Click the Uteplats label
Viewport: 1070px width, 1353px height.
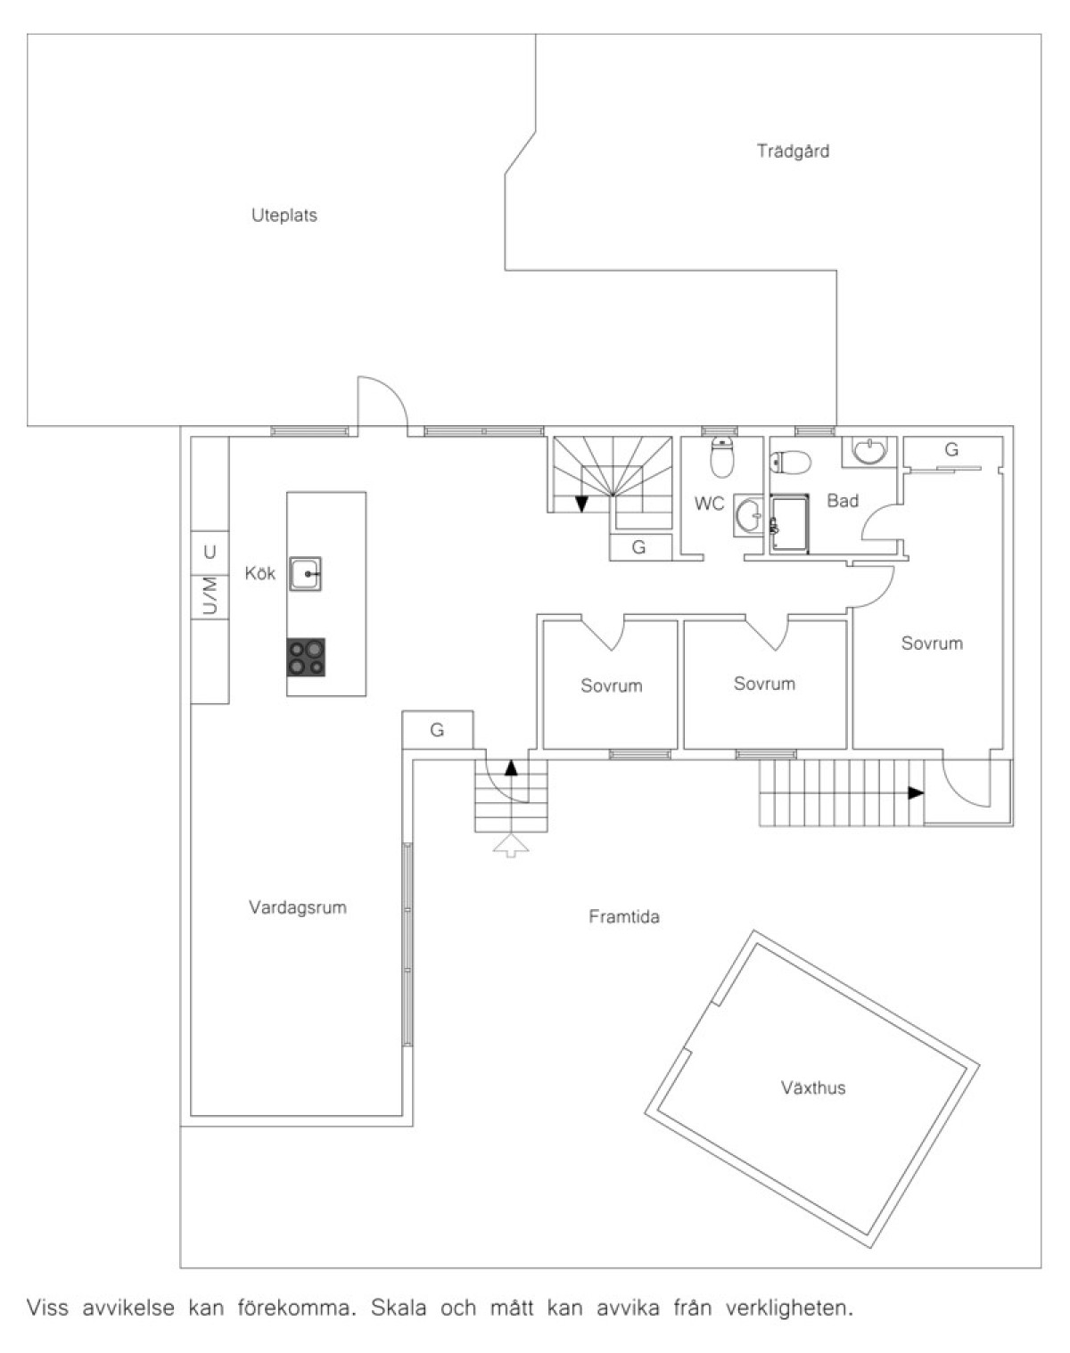pos(284,216)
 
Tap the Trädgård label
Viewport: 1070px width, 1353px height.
pos(793,151)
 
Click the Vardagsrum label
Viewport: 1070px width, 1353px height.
pos(298,907)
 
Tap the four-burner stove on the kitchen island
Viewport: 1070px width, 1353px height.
pos(307,657)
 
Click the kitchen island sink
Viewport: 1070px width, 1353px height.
pos(305,573)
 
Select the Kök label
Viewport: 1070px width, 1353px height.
pos(260,573)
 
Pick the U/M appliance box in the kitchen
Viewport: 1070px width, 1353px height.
pos(210,596)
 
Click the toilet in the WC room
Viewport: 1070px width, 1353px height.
pos(722,457)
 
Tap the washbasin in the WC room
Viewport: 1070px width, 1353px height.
pos(749,515)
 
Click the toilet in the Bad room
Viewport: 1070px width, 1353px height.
pos(790,463)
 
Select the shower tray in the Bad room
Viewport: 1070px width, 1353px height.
pos(789,524)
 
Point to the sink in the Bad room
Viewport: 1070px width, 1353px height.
pos(869,451)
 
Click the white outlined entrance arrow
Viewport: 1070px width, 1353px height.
pos(511,846)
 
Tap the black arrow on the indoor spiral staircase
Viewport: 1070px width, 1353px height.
pos(582,504)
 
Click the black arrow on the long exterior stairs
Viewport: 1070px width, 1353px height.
pos(916,792)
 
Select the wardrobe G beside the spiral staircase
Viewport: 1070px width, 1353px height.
pos(638,547)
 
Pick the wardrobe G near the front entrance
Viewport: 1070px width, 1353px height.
pos(437,730)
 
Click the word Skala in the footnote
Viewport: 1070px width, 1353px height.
pos(399,1308)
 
